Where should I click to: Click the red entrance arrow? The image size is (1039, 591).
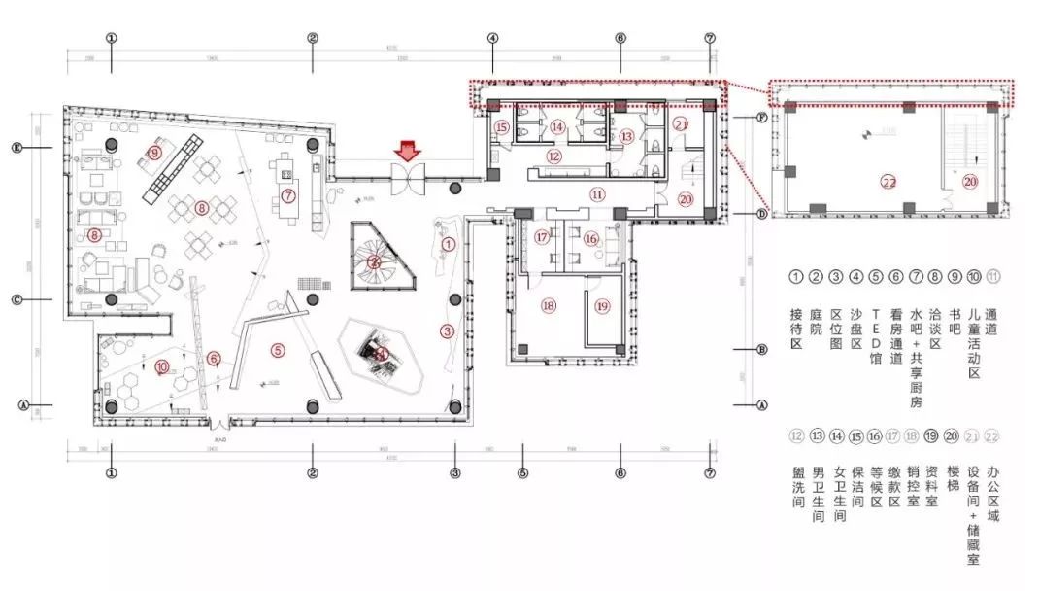click(408, 151)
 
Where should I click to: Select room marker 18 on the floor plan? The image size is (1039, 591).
click(549, 305)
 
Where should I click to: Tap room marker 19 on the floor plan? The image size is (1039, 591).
click(602, 306)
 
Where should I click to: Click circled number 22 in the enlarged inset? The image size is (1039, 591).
click(888, 181)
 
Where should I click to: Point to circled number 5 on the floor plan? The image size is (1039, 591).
click(278, 350)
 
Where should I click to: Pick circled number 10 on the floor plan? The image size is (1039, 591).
click(161, 366)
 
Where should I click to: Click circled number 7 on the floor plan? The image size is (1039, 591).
click(288, 195)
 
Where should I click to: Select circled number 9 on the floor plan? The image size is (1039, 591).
click(154, 152)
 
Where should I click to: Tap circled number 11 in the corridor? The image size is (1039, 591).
click(597, 193)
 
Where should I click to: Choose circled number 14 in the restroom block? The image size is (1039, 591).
click(557, 126)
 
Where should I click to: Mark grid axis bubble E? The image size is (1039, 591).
click(17, 148)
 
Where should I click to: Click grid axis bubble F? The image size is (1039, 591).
click(762, 116)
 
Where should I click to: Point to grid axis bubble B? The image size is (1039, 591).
click(762, 349)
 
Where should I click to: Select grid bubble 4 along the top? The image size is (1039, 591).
click(492, 39)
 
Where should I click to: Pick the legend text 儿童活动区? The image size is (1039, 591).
click(974, 340)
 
